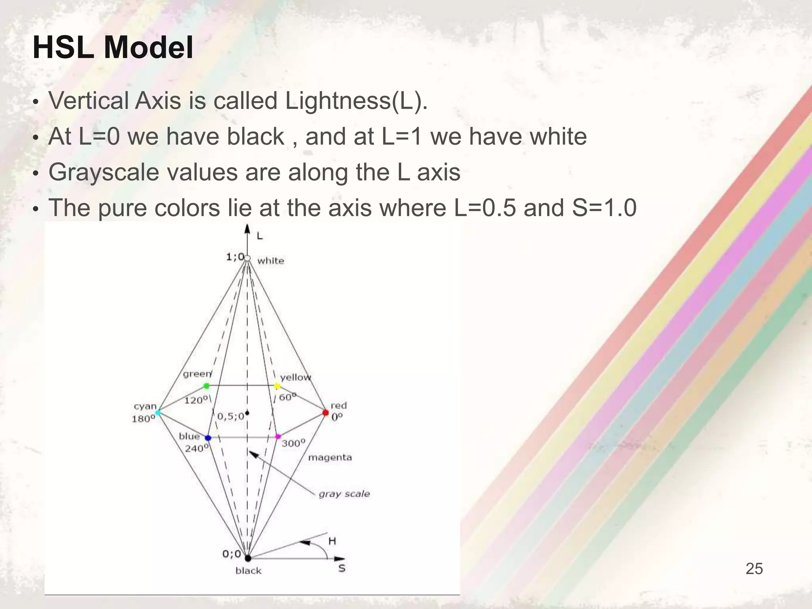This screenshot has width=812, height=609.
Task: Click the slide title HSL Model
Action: click(x=113, y=48)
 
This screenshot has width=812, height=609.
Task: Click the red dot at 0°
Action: click(x=326, y=413)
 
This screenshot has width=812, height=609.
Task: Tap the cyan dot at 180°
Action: click(x=157, y=413)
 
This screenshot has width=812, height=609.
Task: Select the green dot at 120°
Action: click(x=206, y=386)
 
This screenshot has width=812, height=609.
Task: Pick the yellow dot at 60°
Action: click(x=277, y=386)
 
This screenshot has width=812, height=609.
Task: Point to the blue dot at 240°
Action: click(x=208, y=438)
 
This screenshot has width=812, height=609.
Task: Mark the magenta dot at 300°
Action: click(x=278, y=437)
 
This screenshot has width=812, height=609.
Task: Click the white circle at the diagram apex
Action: click(x=247, y=259)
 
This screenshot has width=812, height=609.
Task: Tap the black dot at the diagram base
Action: click(x=248, y=558)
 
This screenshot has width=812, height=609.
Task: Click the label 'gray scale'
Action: click(x=344, y=494)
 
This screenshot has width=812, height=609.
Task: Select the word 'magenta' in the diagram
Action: click(x=330, y=458)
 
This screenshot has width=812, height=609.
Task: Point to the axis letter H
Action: click(x=332, y=541)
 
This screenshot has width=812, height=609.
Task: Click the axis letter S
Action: click(x=342, y=568)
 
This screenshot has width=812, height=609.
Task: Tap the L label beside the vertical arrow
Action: click(x=260, y=236)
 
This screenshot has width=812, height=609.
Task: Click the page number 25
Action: click(x=754, y=569)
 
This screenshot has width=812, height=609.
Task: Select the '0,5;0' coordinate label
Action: click(x=231, y=417)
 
